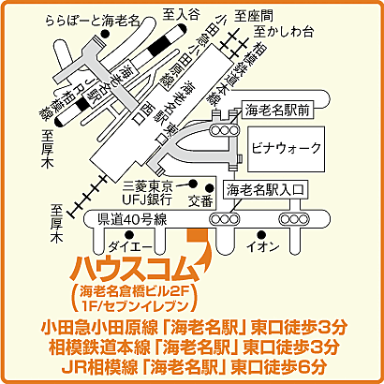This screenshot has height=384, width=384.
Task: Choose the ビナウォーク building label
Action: [x=286, y=148]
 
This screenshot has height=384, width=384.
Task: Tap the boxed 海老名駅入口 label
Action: [x=267, y=190]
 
